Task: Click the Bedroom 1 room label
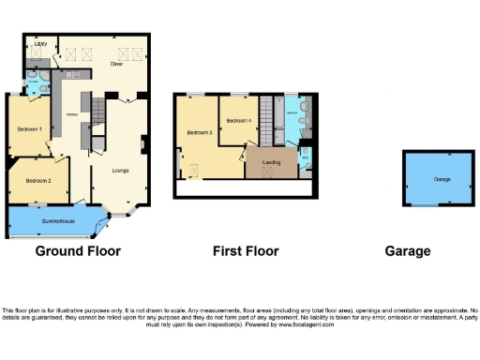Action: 29,128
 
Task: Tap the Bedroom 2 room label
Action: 38,179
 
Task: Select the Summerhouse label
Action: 57,221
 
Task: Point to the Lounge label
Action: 119,170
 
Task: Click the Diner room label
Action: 117,64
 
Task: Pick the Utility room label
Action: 40,44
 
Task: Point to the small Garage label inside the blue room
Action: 442,179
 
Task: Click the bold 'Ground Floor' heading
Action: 78,251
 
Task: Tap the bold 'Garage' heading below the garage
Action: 408,251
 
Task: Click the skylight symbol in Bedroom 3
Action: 194,170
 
